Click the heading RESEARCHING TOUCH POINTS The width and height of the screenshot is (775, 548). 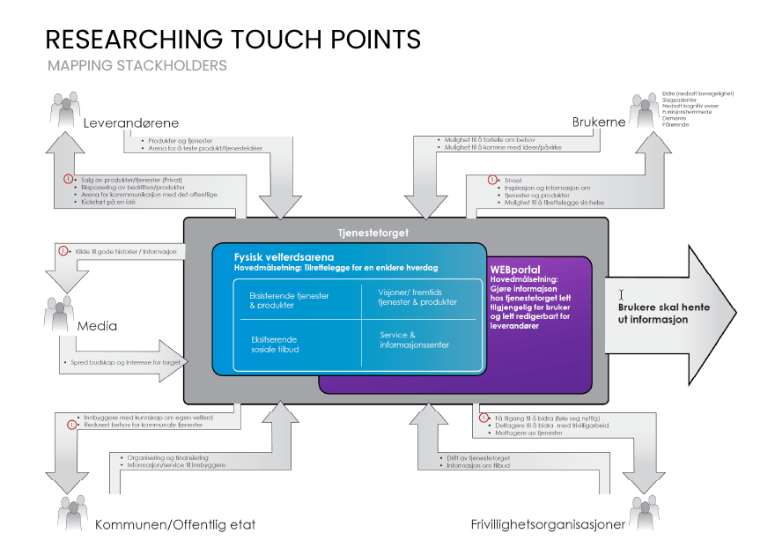click(232, 40)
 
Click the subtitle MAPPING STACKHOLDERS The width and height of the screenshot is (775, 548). click(137, 66)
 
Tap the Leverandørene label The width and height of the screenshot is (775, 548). click(131, 123)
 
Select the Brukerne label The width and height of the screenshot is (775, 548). click(599, 122)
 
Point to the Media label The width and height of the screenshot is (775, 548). click(97, 326)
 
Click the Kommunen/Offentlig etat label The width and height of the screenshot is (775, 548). click(175, 525)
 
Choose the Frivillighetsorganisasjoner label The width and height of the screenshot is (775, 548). click(548, 525)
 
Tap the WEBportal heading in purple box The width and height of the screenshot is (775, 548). click(515, 270)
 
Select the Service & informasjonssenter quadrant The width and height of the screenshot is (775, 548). click(414, 340)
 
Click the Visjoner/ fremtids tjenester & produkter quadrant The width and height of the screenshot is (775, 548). click(417, 297)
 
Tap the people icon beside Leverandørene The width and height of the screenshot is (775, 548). click(64, 112)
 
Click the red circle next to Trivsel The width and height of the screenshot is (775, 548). click(492, 180)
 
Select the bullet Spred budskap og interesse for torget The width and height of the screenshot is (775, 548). click(123, 362)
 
